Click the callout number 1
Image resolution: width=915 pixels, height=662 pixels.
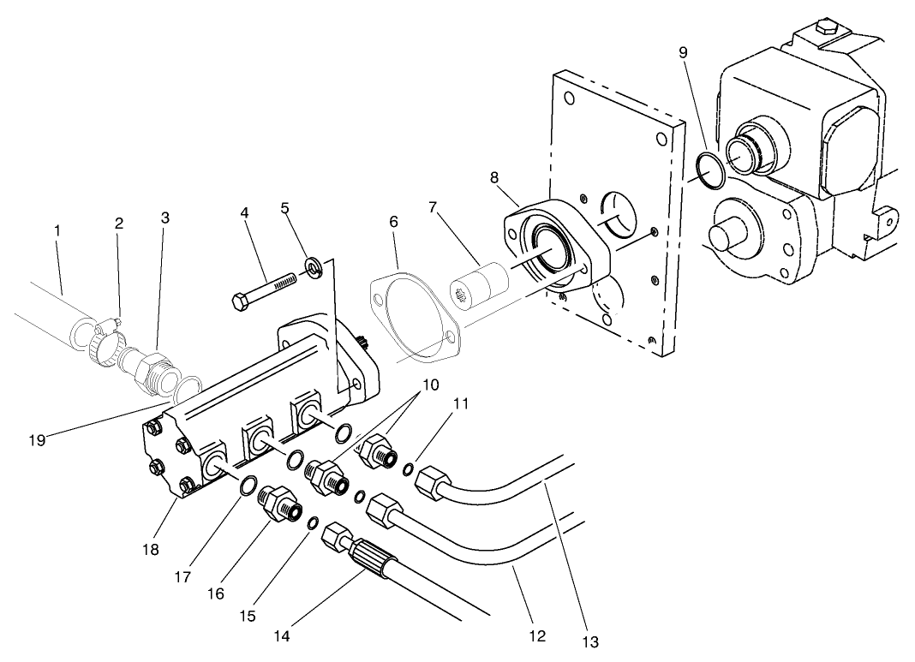(57, 230)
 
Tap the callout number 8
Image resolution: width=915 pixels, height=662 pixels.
(494, 178)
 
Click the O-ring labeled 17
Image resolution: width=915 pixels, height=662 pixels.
(246, 486)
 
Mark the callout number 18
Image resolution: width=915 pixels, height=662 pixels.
(151, 550)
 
